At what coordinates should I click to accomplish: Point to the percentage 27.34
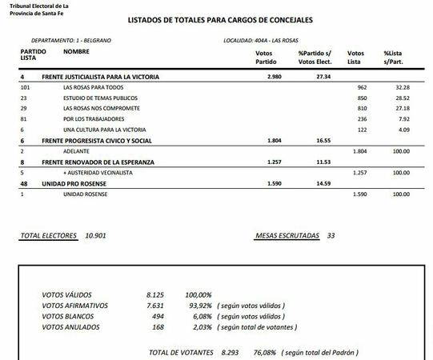(323, 76)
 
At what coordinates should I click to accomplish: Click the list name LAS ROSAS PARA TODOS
(94, 86)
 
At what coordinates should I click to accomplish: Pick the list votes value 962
(362, 86)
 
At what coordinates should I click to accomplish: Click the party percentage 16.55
(323, 140)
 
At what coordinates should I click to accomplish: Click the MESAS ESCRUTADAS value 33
(331, 236)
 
